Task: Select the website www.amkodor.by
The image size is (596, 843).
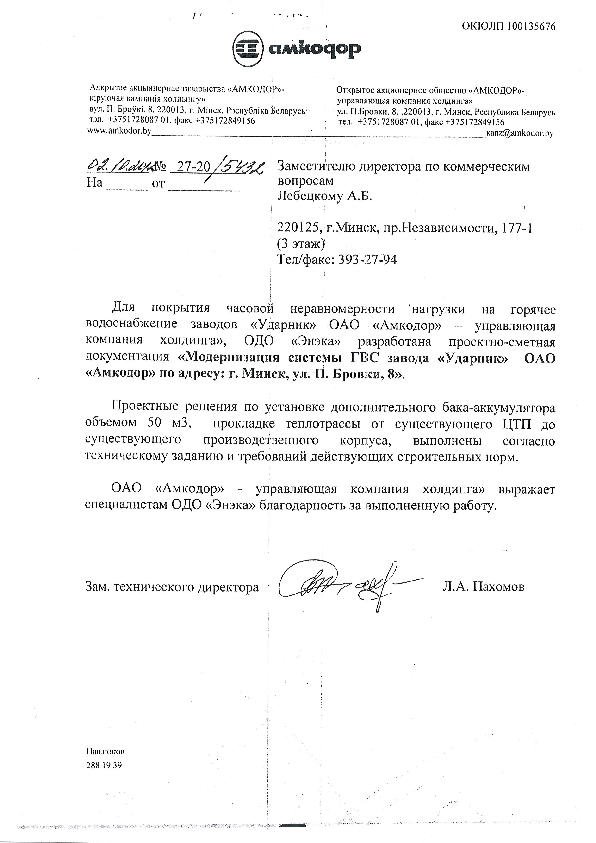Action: [119, 131]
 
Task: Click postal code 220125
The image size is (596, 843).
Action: [298, 229]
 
